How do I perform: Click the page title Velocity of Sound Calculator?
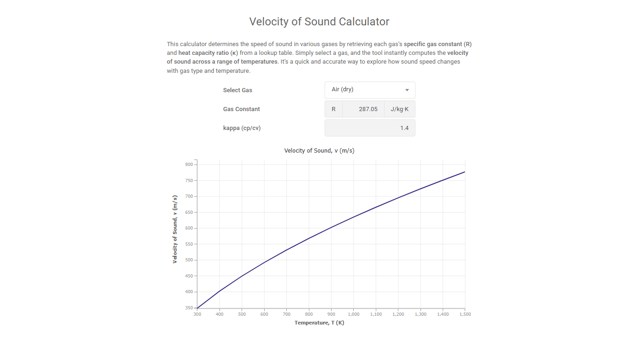point(319,22)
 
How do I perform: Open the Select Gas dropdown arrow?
point(407,90)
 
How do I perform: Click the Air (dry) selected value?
point(343,89)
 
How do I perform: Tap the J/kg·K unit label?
point(399,109)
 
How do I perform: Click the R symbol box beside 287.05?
point(333,109)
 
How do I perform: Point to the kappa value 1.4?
point(404,128)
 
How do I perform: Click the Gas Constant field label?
point(241,109)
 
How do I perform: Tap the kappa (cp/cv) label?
point(242,128)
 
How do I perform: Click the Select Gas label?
point(237,90)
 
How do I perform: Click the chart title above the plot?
point(319,151)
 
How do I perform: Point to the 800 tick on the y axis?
point(189,165)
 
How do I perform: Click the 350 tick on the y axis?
point(189,308)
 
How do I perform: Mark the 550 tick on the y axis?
point(189,244)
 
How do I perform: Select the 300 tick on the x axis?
point(197,314)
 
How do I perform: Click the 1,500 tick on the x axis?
point(464,314)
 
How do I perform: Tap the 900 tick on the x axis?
point(331,314)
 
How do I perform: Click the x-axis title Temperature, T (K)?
point(319,323)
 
